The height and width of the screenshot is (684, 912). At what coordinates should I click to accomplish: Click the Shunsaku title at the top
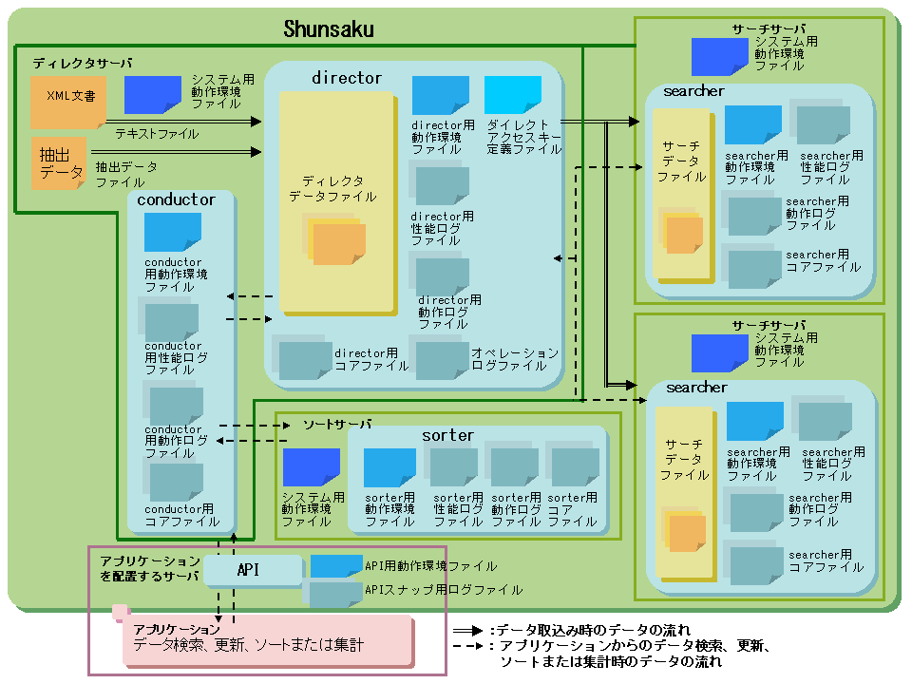329,29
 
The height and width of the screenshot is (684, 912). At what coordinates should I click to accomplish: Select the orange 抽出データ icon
60,162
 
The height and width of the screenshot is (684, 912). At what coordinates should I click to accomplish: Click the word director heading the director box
347,78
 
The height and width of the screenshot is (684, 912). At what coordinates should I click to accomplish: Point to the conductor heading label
176,199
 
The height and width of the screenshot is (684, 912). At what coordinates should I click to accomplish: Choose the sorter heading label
447,435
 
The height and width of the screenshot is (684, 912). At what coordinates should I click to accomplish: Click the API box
249,570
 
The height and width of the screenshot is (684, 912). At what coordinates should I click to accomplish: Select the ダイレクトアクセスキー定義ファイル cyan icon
513,95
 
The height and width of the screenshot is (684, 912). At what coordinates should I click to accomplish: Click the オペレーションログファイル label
515,359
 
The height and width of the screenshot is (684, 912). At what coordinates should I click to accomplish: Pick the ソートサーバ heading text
337,423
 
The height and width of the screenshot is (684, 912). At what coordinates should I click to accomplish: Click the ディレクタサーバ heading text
83,64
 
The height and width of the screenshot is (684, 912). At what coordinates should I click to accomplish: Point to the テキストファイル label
157,134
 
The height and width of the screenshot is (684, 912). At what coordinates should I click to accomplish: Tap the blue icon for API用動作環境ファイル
336,566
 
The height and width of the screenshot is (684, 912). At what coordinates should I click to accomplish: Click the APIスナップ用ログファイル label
444,590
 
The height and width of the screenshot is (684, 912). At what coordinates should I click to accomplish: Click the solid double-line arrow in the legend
467,630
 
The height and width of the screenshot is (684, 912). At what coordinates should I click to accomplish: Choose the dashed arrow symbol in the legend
467,647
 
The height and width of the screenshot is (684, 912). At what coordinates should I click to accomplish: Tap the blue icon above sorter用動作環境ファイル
389,466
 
